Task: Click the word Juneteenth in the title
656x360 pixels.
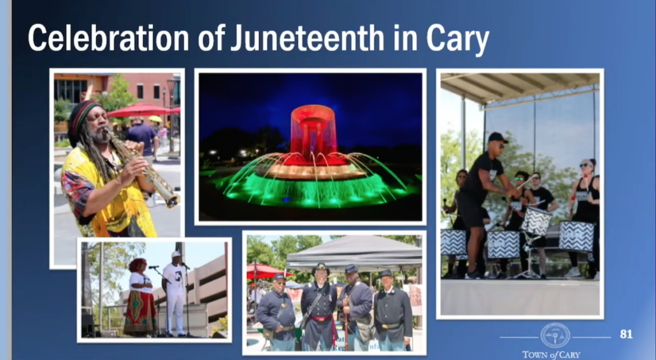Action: pos(308,38)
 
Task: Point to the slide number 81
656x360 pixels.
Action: pos(626,334)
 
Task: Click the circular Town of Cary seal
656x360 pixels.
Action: pos(555,335)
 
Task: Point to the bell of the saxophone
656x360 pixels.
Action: pos(171,199)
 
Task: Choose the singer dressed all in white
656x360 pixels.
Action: pos(174,294)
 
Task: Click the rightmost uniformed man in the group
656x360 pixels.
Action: pos(392,311)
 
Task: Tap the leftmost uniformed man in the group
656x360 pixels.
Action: pos(276,312)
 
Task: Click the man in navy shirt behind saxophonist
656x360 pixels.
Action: pos(142,138)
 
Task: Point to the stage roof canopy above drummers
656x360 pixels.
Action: pos(520,87)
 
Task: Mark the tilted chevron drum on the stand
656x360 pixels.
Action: pos(536,220)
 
